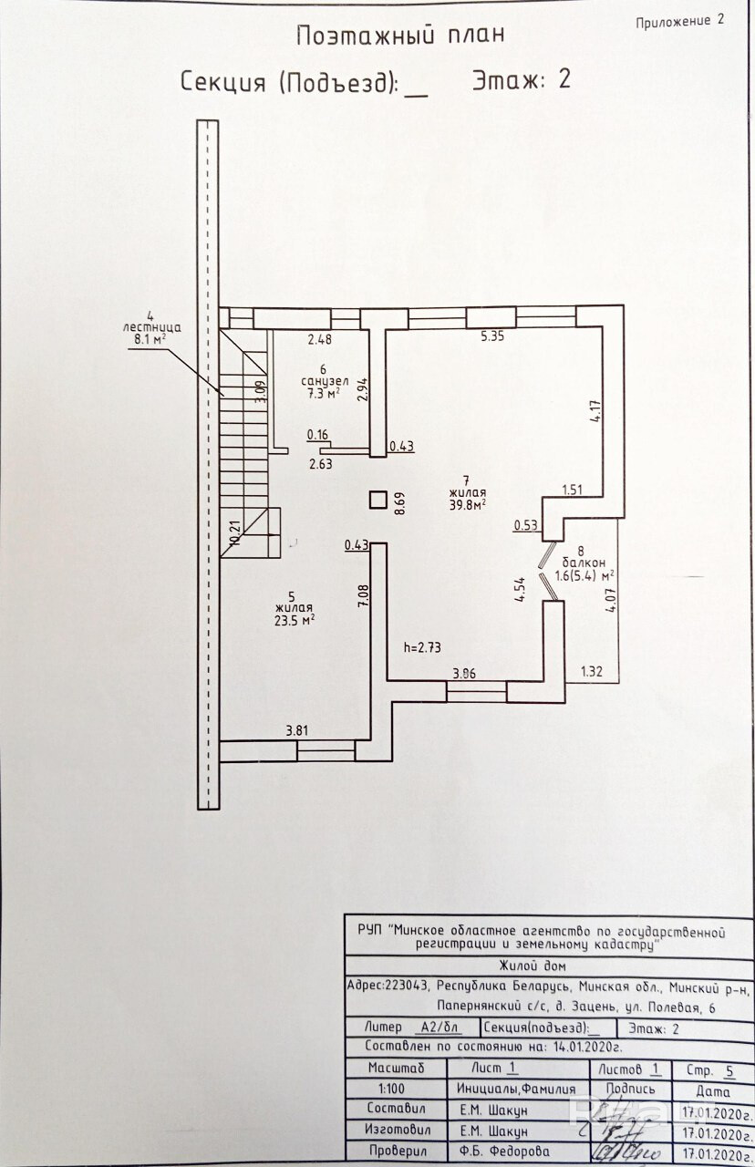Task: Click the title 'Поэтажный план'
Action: pyautogui.click(x=400, y=36)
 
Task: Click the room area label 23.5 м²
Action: pyautogui.click(x=294, y=617)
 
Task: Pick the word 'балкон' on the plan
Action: pyautogui.click(x=583, y=563)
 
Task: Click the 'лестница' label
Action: pyautogui.click(x=152, y=325)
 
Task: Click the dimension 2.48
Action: pyautogui.click(x=320, y=340)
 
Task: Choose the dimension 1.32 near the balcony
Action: pyautogui.click(x=594, y=673)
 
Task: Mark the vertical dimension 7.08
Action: pyautogui.click(x=363, y=598)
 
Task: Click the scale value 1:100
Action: pyautogui.click(x=394, y=1089)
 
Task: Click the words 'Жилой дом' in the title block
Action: pyautogui.click(x=534, y=966)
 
